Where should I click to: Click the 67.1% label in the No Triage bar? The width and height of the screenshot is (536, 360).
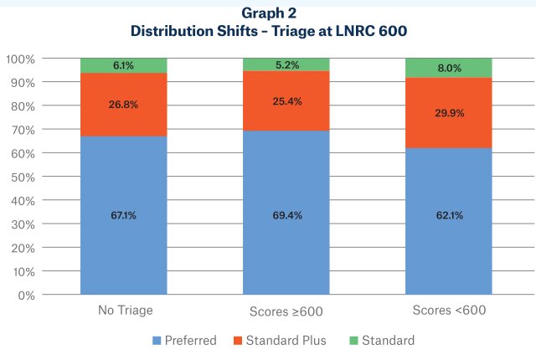tap(123, 215)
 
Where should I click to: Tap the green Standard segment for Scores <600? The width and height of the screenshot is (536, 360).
tap(448, 68)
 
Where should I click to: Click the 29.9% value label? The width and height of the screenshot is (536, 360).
tap(448, 113)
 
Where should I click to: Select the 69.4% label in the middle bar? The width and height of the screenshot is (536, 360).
tap(286, 215)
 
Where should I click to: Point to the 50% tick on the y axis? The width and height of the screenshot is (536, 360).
tap(22, 177)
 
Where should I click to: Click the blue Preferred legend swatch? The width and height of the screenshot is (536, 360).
tap(157, 341)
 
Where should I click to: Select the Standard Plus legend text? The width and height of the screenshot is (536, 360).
tap(291, 341)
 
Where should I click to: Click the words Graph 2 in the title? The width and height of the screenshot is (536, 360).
tap(268, 14)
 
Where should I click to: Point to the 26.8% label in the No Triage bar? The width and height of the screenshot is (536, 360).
tap(123, 105)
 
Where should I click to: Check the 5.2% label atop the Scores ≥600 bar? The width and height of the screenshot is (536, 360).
tap(286, 64)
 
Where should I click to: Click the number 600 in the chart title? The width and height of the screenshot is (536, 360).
tap(390, 31)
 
